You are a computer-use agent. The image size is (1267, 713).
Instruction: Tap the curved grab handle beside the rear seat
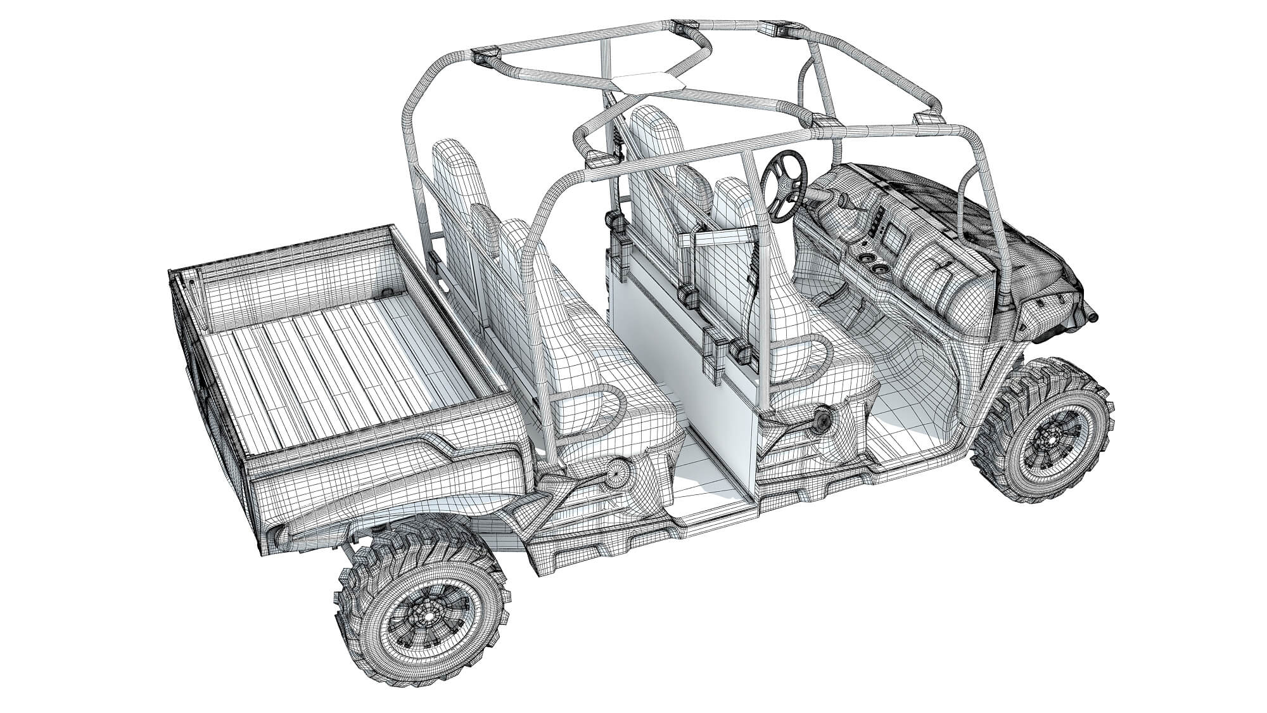[589, 412]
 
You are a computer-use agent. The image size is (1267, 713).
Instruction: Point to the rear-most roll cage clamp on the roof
[485, 55]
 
